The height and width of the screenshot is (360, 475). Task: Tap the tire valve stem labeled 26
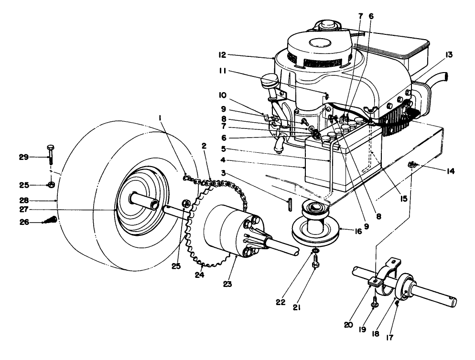point(52,220)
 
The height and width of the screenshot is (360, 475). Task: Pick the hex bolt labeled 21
point(314,263)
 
